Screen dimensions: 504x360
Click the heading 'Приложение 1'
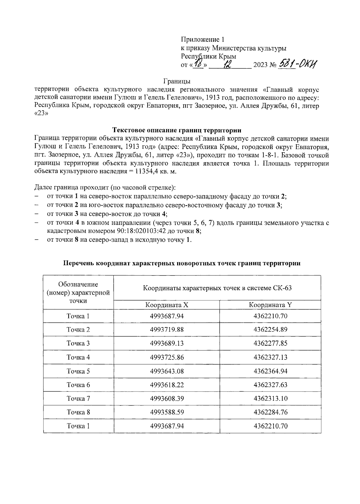[x=202, y=40]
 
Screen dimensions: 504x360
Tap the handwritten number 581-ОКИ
[x=298, y=64]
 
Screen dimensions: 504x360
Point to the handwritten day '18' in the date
[x=198, y=64]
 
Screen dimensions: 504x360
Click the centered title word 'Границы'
[x=177, y=81]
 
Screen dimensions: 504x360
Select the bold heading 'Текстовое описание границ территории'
[x=177, y=130]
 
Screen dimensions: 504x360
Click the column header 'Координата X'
[x=166, y=305]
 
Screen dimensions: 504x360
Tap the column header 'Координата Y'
[x=270, y=305]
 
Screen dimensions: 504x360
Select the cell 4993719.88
[x=166, y=330]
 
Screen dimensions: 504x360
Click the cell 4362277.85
[x=270, y=343]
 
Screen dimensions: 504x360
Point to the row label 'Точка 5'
[x=78, y=371]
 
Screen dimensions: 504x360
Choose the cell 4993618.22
[x=166, y=385]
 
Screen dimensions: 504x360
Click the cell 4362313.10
[x=270, y=398]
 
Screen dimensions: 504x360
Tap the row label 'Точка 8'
[x=78, y=412]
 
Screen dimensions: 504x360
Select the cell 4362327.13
[x=270, y=357]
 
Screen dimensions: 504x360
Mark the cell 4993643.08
[x=166, y=371]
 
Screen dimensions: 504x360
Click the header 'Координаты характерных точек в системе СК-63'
[x=217, y=288]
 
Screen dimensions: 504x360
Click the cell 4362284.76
[x=270, y=412]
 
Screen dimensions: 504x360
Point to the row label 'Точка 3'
[x=78, y=343]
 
